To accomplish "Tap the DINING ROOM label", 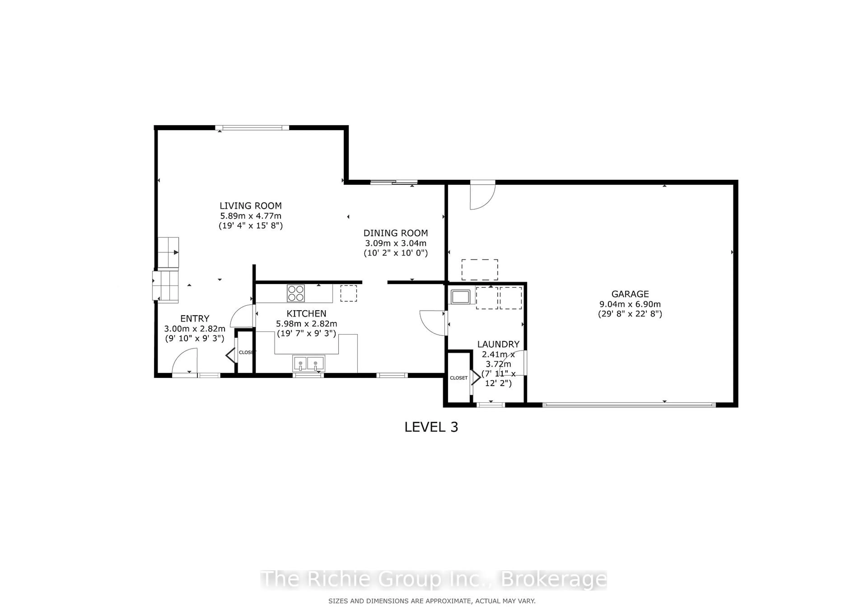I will click(x=395, y=233).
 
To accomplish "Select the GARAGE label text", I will click(x=630, y=294).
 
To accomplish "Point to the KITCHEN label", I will click(x=306, y=314).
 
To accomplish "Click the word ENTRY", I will click(x=194, y=319).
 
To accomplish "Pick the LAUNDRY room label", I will click(x=498, y=344).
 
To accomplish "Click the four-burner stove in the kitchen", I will click(x=296, y=293).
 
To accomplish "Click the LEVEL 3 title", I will click(x=431, y=427).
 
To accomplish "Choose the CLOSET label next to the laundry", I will click(x=458, y=378).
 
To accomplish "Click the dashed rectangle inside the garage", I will click(x=480, y=269).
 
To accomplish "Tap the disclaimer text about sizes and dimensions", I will click(x=432, y=601).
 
